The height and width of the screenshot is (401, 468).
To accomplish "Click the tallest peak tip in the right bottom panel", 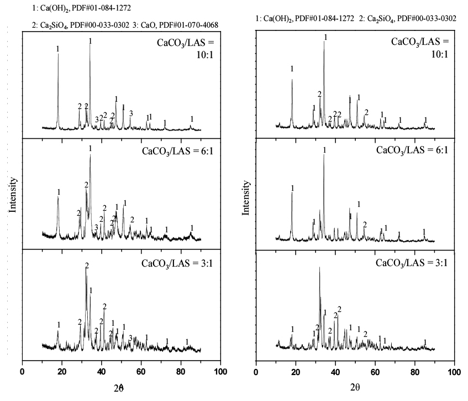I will (319, 268).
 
